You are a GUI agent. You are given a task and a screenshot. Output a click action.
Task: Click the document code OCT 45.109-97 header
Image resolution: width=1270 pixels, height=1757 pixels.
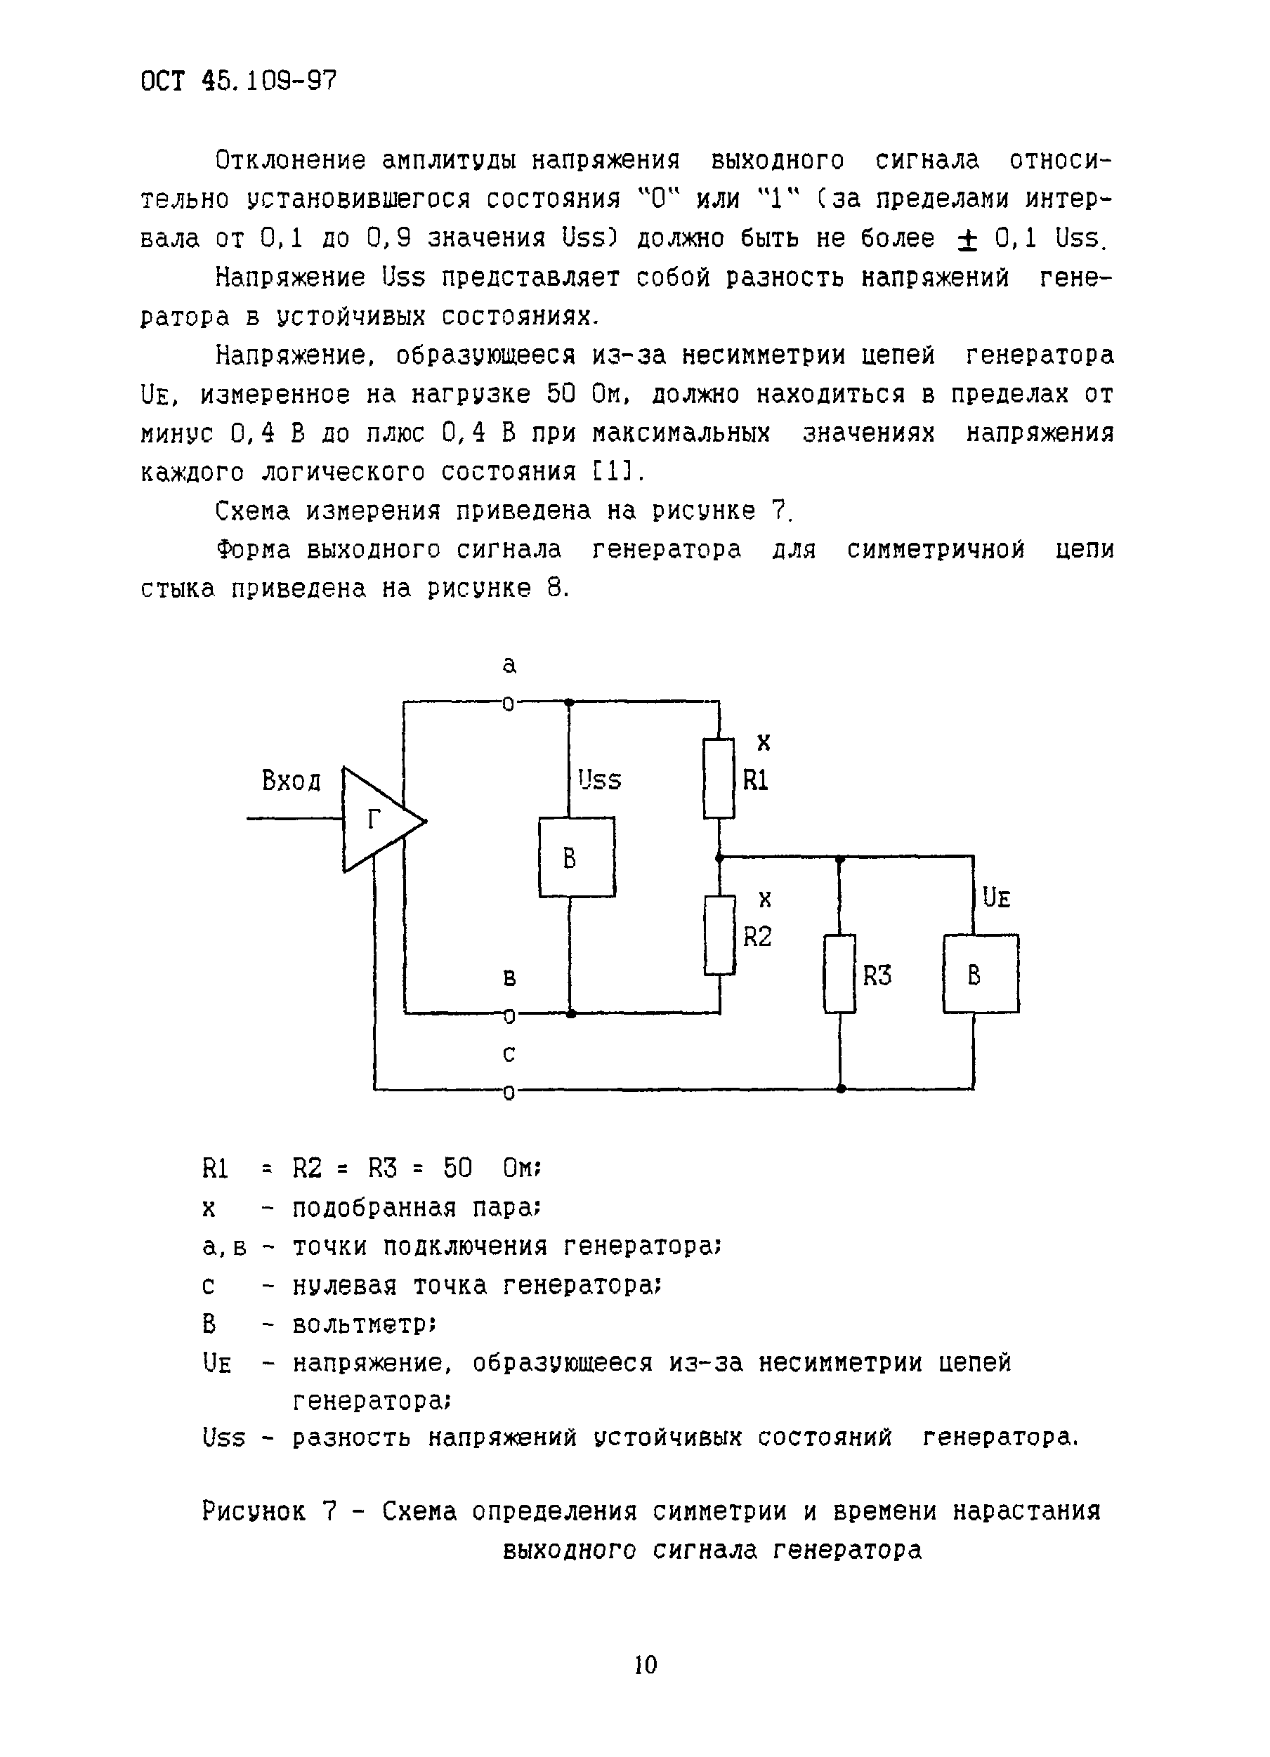(239, 81)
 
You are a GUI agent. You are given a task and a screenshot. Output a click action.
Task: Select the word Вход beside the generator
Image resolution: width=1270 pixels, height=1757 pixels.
(291, 781)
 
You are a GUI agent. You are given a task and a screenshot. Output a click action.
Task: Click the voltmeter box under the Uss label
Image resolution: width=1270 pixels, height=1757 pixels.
(577, 857)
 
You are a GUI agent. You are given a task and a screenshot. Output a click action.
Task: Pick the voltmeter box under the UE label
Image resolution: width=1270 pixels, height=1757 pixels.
(980, 974)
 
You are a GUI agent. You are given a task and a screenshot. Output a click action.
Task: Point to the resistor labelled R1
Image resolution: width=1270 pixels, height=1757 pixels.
(719, 778)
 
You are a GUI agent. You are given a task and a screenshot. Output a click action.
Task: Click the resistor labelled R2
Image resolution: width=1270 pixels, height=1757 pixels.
(719, 935)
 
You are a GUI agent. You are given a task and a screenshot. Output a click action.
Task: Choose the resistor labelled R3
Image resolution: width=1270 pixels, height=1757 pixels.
(839, 974)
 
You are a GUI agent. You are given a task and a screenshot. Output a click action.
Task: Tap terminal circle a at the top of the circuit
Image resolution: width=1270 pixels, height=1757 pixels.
(509, 704)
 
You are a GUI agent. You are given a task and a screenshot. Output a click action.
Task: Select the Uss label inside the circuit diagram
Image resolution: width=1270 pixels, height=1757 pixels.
(600, 780)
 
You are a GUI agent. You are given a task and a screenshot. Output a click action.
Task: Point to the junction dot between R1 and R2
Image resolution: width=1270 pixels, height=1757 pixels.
(719, 857)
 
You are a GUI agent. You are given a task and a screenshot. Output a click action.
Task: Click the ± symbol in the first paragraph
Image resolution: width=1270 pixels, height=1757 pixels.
(967, 239)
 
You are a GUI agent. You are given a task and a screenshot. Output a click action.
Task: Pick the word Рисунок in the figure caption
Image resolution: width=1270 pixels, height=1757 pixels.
(254, 1510)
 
